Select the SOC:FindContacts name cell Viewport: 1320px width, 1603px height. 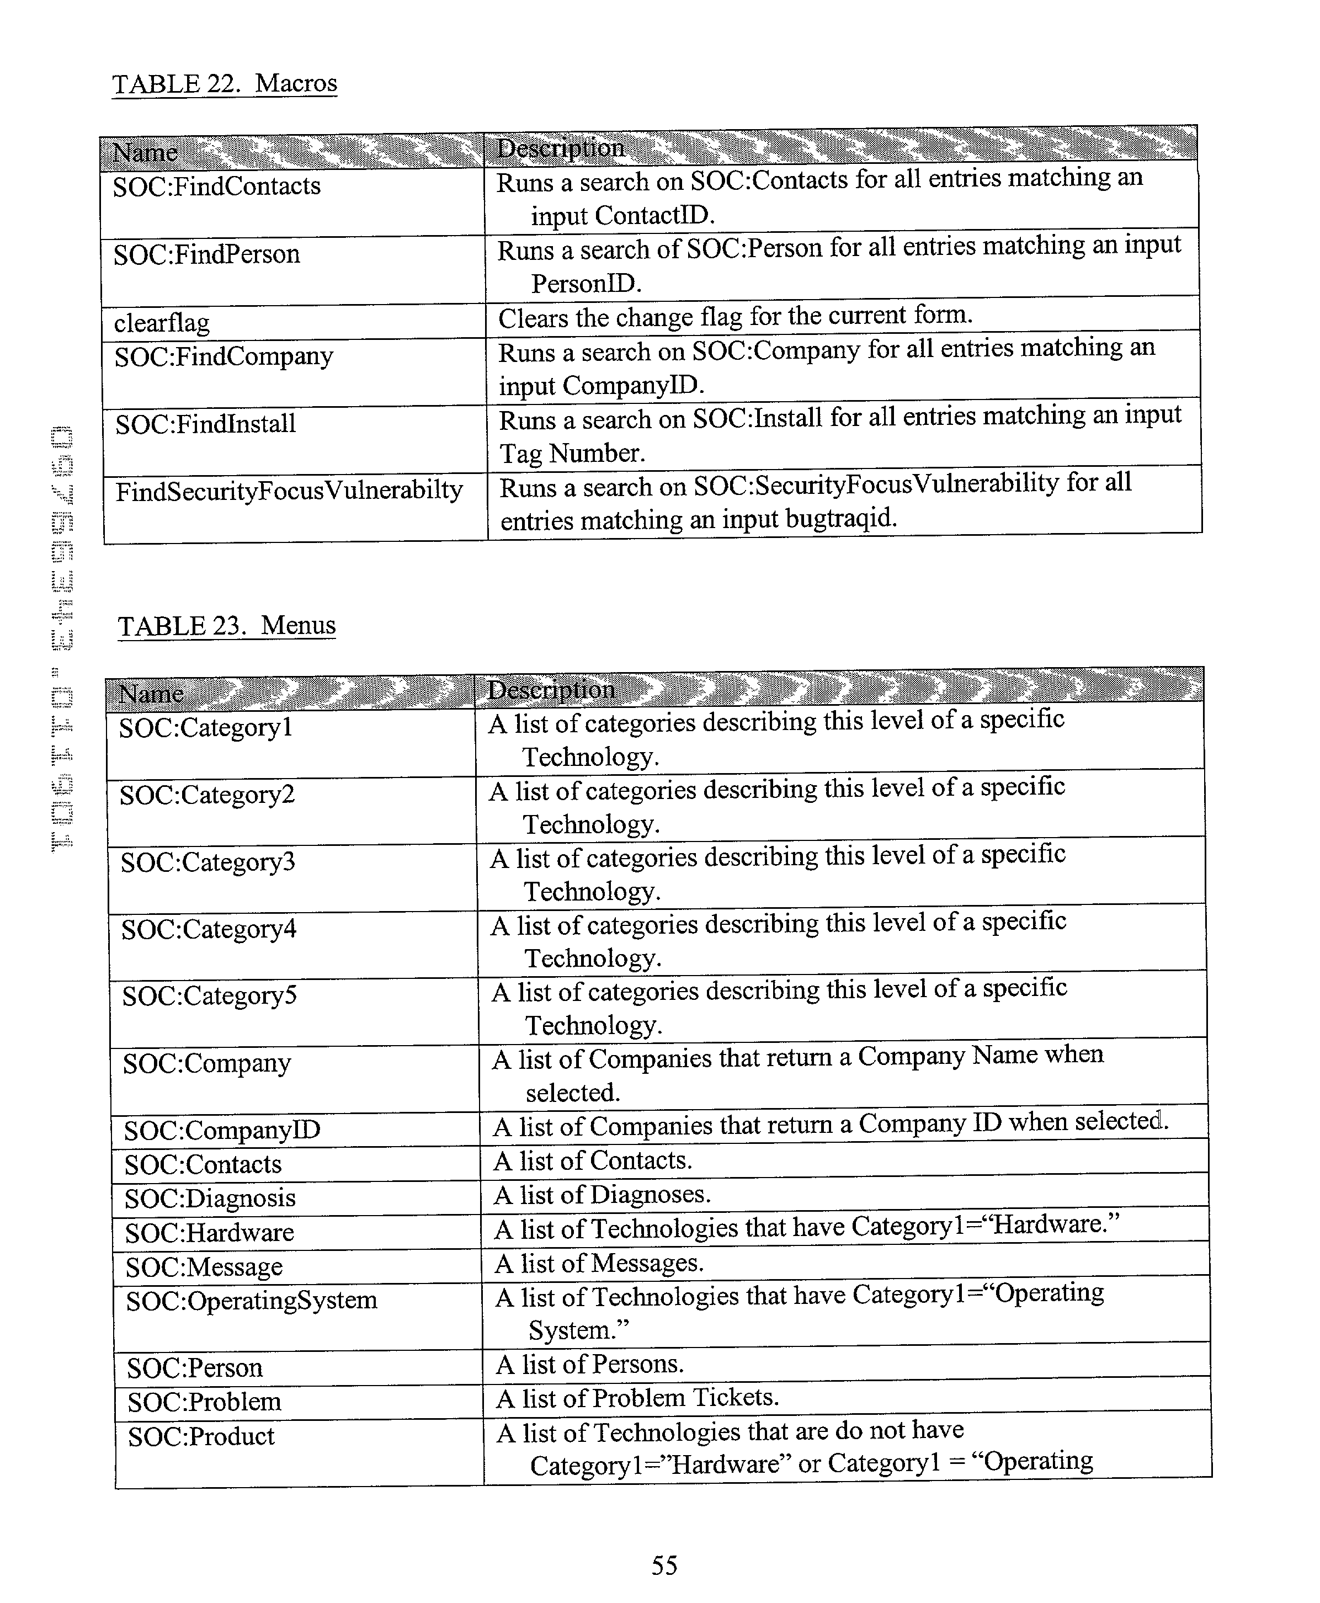(217, 187)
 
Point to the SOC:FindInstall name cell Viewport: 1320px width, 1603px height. (205, 424)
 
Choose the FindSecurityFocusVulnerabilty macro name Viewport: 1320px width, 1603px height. (289, 491)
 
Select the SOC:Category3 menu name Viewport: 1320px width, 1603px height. (207, 862)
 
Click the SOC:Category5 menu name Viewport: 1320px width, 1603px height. (209, 996)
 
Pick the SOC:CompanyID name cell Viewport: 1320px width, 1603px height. (222, 1131)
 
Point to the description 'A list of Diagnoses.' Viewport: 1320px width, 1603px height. (602, 1195)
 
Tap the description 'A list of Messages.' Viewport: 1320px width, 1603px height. (599, 1263)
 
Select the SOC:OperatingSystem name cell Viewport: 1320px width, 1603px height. (252, 1301)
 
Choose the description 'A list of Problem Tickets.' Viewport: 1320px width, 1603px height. (637, 1398)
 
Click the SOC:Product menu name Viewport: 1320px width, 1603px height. (201, 1436)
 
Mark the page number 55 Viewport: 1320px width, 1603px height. (664, 1565)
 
